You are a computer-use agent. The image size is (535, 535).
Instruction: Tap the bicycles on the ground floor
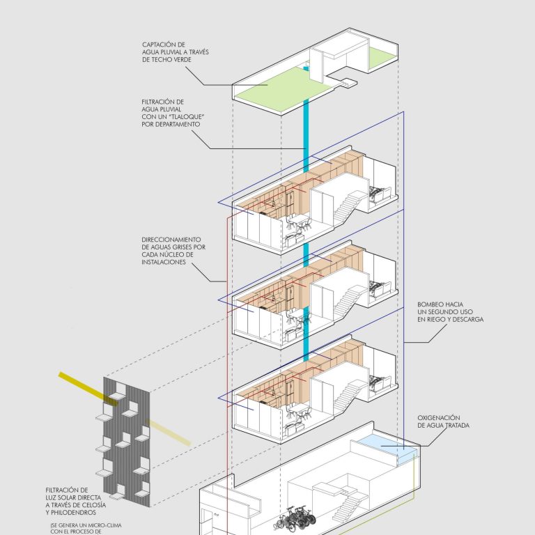pyautogui.click(x=295, y=518)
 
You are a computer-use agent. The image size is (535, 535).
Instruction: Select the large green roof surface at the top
pyautogui.click(x=284, y=89)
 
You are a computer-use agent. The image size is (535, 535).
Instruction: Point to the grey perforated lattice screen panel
pyautogui.click(x=127, y=442)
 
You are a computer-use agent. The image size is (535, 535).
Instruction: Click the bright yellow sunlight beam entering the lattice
pyautogui.click(x=88, y=389)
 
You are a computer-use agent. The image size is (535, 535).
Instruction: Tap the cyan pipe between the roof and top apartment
pyautogui.click(x=306, y=136)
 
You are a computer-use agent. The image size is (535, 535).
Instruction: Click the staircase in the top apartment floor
pyautogui.click(x=347, y=206)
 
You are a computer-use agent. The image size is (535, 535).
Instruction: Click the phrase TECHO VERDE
pyautogui.click(x=166, y=60)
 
